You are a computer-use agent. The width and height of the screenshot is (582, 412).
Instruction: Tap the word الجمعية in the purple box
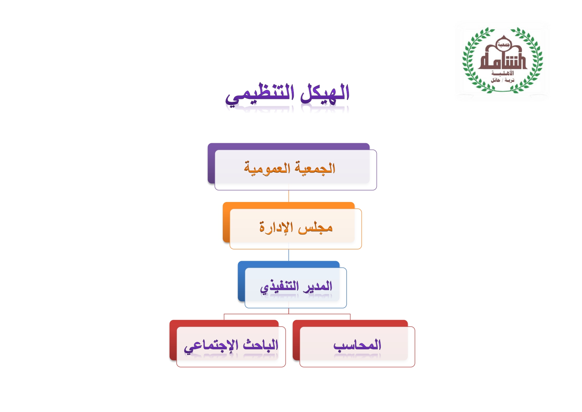coord(315,168)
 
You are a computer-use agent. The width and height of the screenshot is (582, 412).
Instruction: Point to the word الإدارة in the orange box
coord(276,227)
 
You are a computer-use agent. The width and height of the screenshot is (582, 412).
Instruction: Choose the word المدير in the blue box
coord(317,286)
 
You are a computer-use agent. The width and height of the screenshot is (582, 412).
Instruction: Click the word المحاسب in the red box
coord(357,345)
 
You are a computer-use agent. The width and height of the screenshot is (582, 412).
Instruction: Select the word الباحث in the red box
coord(261,345)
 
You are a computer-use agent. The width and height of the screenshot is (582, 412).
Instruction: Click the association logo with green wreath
coord(502,60)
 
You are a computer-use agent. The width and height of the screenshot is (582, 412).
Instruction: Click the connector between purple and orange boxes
coord(289,196)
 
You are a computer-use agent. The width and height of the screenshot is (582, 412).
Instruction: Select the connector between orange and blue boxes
coord(289,255)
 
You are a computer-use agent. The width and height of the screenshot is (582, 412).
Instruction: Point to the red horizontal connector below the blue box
coord(287,314)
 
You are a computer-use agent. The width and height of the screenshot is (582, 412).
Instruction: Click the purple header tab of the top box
coord(289,147)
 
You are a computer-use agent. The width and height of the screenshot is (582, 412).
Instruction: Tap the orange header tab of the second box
coord(289,205)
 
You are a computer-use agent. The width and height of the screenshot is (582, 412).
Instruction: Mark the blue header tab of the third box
coord(289,264)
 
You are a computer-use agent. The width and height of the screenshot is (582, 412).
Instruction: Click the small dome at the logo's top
coord(503,43)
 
